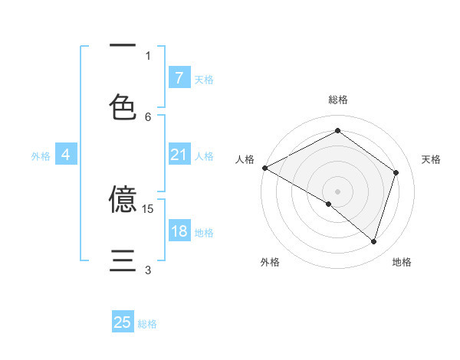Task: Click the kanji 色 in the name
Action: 123,106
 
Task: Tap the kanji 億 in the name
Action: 123,199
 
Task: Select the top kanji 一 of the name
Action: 123,46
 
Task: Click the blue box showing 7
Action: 179,77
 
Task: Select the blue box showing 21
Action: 179,155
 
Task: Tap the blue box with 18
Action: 179,232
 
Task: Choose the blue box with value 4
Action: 65,155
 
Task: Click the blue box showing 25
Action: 123,322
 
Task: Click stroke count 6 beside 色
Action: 148,116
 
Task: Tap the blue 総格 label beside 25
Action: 147,324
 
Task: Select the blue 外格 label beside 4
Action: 40,156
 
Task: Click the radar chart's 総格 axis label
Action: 337,100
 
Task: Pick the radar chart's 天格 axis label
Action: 431,159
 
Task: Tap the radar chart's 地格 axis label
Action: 402,262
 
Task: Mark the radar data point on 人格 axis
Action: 264,167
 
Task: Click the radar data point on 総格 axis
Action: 337,132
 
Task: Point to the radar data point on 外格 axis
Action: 329,204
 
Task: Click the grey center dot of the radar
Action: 337,191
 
